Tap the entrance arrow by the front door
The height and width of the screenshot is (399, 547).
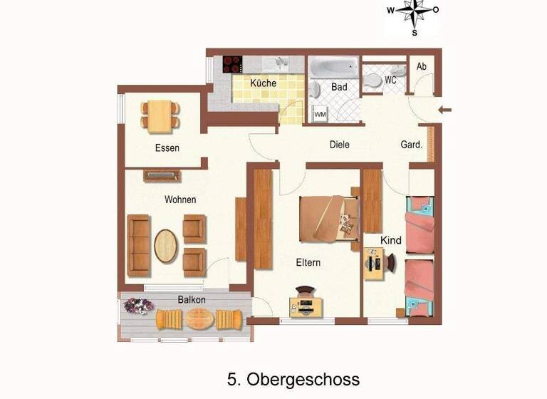(445, 110)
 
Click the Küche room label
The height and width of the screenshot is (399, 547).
(263, 83)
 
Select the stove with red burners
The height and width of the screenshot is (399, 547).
(233, 64)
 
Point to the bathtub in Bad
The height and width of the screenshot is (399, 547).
(333, 68)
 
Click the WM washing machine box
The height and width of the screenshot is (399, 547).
(320, 114)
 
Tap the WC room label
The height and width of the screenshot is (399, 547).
(390, 81)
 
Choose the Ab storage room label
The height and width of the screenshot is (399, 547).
(422, 67)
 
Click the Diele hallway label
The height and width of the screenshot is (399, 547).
(340, 144)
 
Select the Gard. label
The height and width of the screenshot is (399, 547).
(411, 144)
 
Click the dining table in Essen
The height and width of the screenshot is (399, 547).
(160, 115)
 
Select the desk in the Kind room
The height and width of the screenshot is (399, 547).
(374, 264)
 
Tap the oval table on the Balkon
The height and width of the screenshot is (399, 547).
(200, 318)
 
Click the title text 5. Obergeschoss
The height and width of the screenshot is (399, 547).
(293, 378)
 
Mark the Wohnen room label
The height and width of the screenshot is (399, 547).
(180, 199)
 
